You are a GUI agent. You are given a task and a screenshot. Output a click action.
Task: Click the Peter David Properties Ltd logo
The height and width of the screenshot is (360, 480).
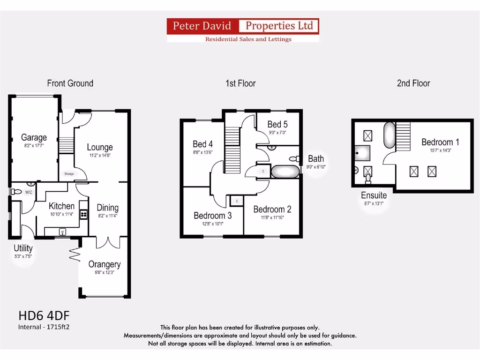coord(243,30)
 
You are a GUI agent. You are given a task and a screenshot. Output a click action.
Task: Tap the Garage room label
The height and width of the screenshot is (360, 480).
coord(34,137)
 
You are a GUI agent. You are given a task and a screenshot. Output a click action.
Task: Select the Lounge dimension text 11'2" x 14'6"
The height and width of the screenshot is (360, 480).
coord(99,155)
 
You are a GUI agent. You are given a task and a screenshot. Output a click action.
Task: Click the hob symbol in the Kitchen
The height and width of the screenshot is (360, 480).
coord(83,214)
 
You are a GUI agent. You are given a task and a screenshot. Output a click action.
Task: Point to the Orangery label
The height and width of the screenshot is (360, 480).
coord(105,264)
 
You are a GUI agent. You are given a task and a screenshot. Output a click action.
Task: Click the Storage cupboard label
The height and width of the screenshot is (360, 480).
coord(69,174)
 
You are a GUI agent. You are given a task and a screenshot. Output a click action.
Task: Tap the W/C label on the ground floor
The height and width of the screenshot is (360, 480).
coord(29,192)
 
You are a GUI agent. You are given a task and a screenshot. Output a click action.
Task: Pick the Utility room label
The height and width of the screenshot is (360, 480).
coord(23,248)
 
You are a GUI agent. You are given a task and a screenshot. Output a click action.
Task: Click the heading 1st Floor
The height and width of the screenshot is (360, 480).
coord(240,83)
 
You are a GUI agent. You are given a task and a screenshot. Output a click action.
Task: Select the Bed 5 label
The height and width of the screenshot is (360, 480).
coord(277,124)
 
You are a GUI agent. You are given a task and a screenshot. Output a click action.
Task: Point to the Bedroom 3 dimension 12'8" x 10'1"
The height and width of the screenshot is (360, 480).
coord(212,224)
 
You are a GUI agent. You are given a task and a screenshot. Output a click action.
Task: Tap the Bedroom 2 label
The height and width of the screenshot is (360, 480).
coord(272,209)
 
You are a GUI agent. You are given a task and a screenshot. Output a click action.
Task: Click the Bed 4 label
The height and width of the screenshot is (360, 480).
coord(203,144)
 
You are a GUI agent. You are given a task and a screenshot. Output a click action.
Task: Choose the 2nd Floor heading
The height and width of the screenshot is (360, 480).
coord(413,83)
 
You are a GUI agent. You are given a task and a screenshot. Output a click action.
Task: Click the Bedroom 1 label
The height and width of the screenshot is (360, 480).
coord(440,142)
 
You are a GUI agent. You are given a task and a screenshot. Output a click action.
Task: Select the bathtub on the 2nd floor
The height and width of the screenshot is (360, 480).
coord(390,135)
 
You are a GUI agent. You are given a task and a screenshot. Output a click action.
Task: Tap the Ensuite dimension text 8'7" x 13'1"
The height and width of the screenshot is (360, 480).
coord(374,203)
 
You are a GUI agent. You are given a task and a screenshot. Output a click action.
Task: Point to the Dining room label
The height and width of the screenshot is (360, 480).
coord(107,208)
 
